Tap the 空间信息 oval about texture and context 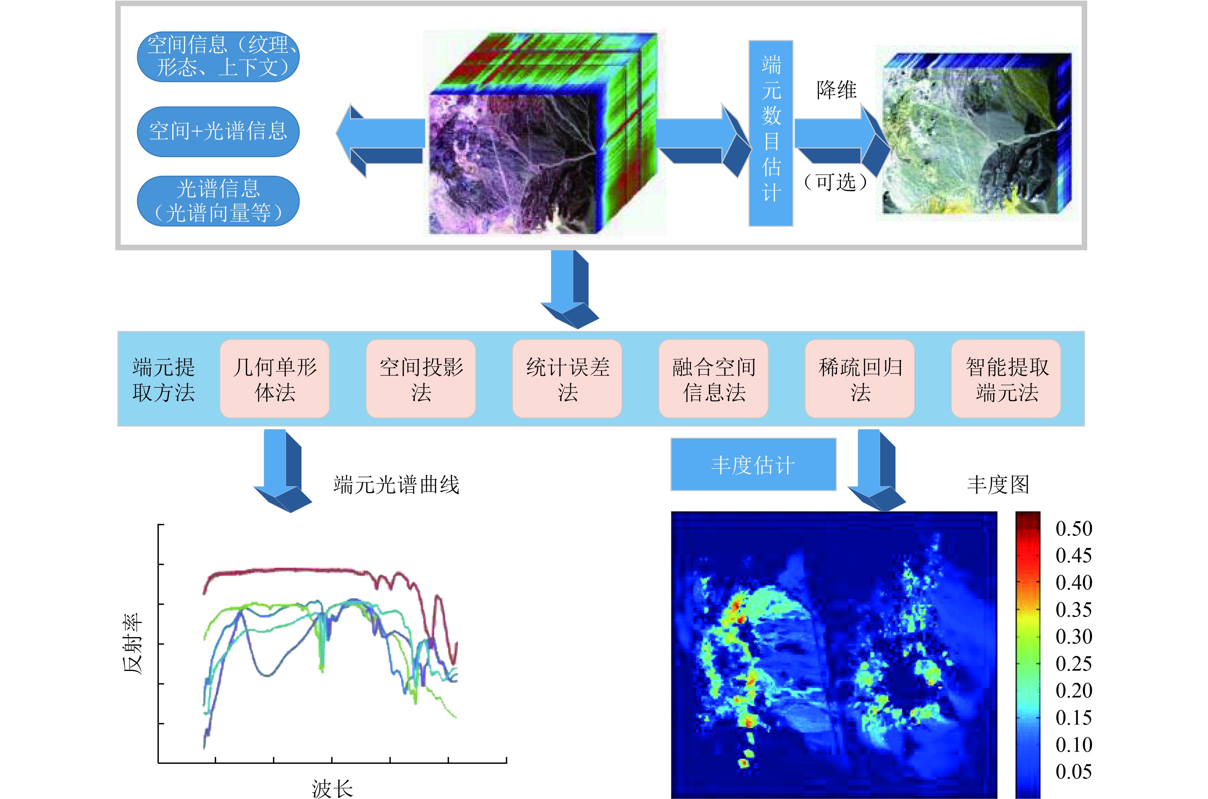tap(218, 56)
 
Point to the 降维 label tap(836, 90)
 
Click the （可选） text tap(836, 182)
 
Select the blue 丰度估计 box tap(753, 464)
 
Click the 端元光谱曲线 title tap(396, 484)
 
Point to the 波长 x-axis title tap(332, 788)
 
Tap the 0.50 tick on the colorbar tap(1073, 529)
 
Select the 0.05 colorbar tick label tap(1073, 772)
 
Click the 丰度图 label tap(998, 484)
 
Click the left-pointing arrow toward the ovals tap(380, 141)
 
